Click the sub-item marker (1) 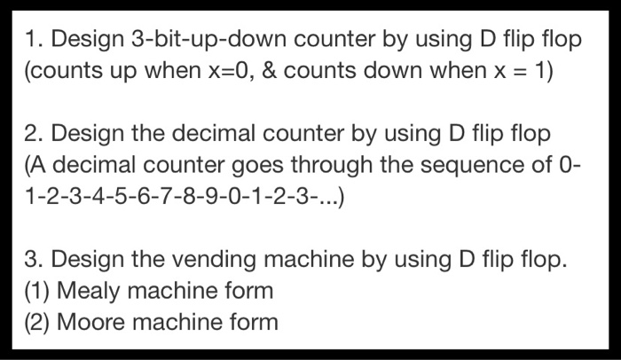(38, 290)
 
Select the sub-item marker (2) (38, 321)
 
